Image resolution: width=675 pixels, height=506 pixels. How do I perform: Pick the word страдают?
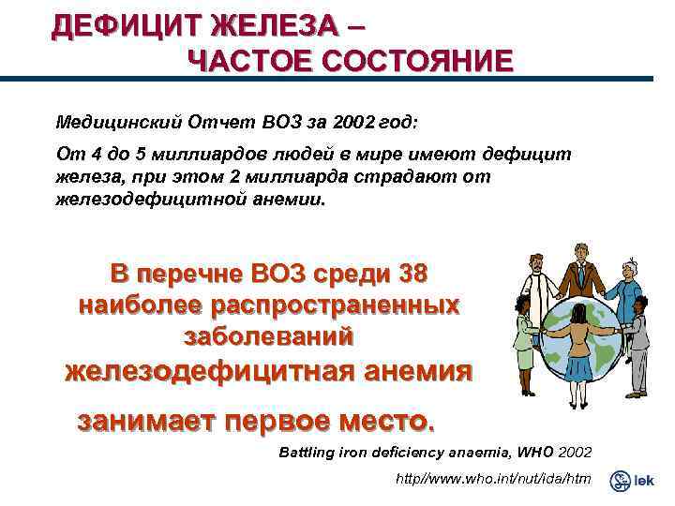tap(382, 177)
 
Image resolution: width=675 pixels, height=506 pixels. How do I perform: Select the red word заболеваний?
tap(267, 335)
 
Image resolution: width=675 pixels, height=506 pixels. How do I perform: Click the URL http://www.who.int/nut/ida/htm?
tap(493, 480)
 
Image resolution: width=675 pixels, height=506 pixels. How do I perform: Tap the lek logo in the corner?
tap(632, 481)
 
